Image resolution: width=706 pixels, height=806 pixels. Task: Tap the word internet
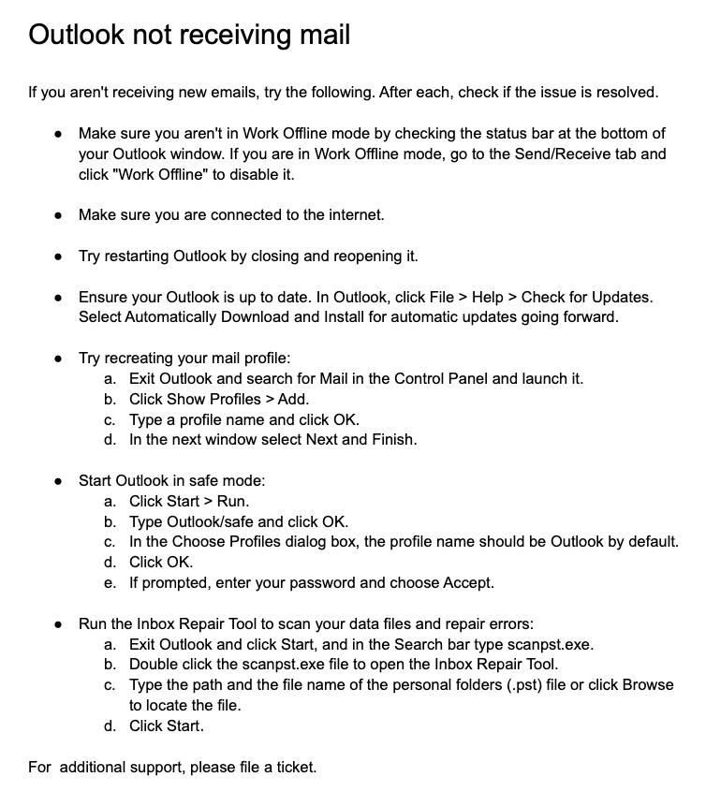352,214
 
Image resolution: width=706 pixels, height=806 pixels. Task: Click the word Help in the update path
487,297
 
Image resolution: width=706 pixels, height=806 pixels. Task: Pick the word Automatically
170,316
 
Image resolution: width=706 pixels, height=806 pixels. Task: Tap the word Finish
393,439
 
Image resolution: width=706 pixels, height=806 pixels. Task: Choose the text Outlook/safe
212,521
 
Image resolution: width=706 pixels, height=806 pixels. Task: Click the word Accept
468,582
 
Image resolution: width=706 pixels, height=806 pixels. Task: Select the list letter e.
110,582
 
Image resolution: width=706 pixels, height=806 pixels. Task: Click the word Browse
648,684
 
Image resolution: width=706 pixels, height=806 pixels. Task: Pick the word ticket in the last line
294,768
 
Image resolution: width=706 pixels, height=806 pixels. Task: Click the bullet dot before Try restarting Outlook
59,256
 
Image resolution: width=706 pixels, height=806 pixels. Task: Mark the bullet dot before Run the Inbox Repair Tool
59,623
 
